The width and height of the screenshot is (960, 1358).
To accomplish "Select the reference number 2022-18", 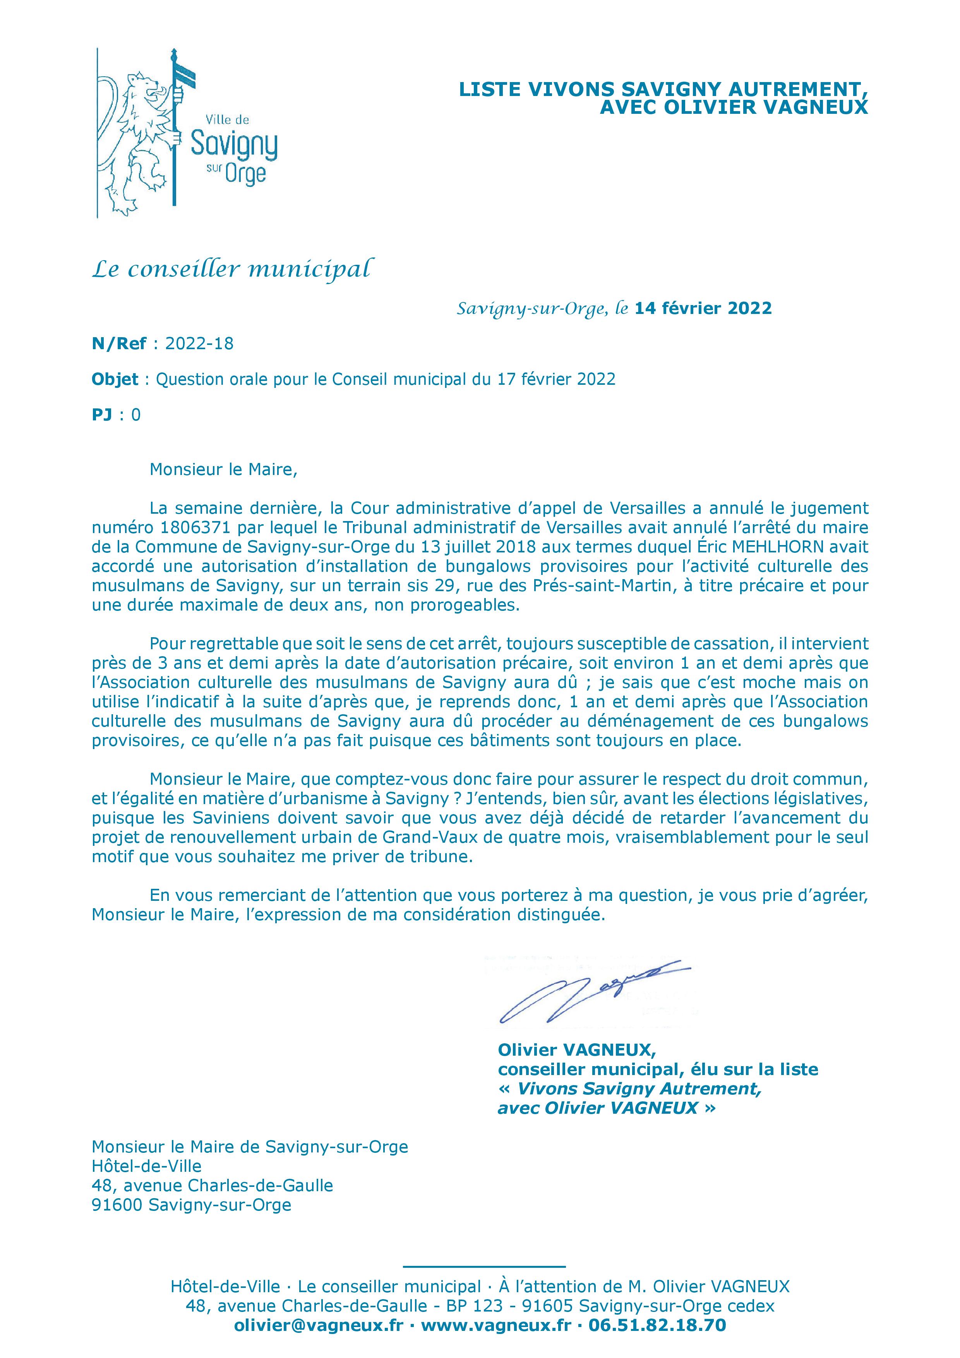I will tap(199, 344).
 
